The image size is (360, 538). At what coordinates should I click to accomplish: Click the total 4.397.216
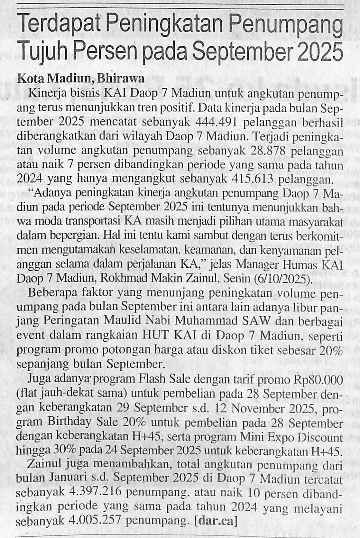pyautogui.click(x=96, y=492)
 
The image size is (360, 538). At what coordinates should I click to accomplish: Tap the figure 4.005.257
pyautogui.click(x=96, y=520)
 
